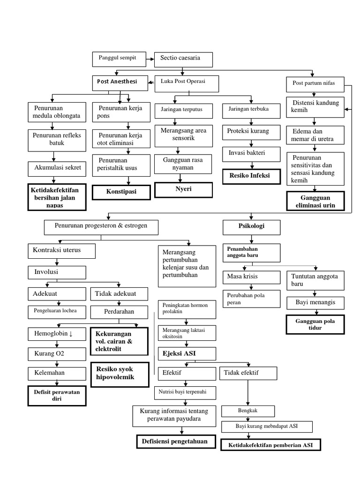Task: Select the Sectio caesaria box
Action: point(183,59)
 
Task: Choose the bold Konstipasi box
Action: point(121,192)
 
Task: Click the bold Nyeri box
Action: point(184,189)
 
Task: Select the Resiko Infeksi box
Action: point(252,176)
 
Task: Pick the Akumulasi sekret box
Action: point(57,167)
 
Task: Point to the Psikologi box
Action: point(252,227)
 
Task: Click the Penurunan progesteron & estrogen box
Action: point(101,227)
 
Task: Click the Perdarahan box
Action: point(119,311)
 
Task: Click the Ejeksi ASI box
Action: point(186,353)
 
